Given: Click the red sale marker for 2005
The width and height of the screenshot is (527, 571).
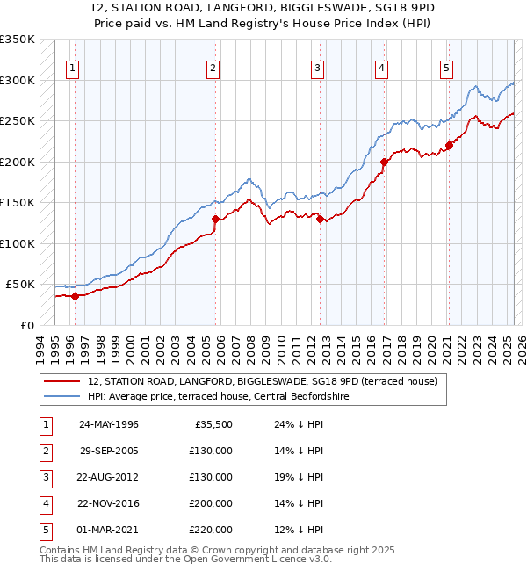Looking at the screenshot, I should tap(215, 219).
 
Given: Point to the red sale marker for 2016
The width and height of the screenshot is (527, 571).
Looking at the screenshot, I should tap(384, 162).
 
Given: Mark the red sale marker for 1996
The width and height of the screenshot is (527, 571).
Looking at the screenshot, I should tap(76, 296).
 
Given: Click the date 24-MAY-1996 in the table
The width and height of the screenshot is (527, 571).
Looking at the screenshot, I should tap(109, 424).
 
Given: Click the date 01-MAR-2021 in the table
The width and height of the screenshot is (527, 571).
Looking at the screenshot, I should tap(109, 530).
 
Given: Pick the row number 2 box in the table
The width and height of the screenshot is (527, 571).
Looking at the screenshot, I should tap(44, 451).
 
